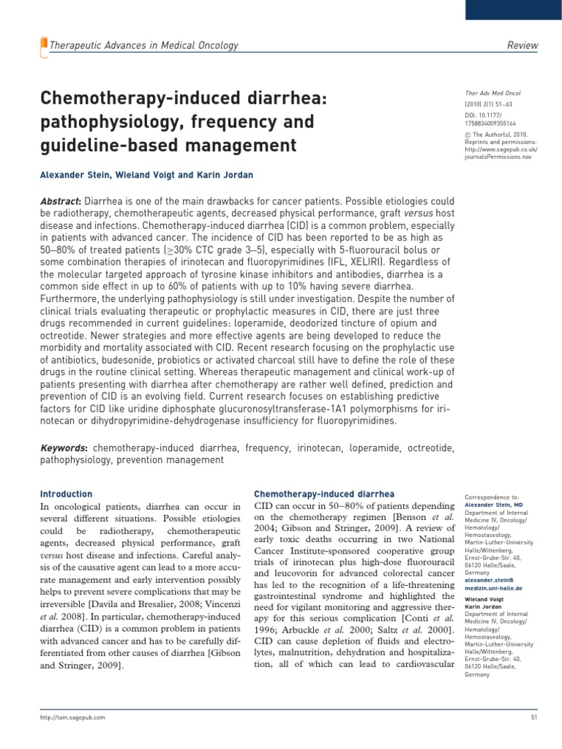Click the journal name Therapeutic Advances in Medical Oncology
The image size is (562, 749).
(x=143, y=46)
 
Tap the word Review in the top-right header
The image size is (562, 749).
(x=522, y=46)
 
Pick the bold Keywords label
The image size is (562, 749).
(x=63, y=447)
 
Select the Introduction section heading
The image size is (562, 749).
(x=66, y=494)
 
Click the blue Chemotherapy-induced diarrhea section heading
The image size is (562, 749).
(x=323, y=494)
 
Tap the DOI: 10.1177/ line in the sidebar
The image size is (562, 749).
(x=487, y=115)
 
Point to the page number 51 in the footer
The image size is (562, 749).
(x=533, y=718)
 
